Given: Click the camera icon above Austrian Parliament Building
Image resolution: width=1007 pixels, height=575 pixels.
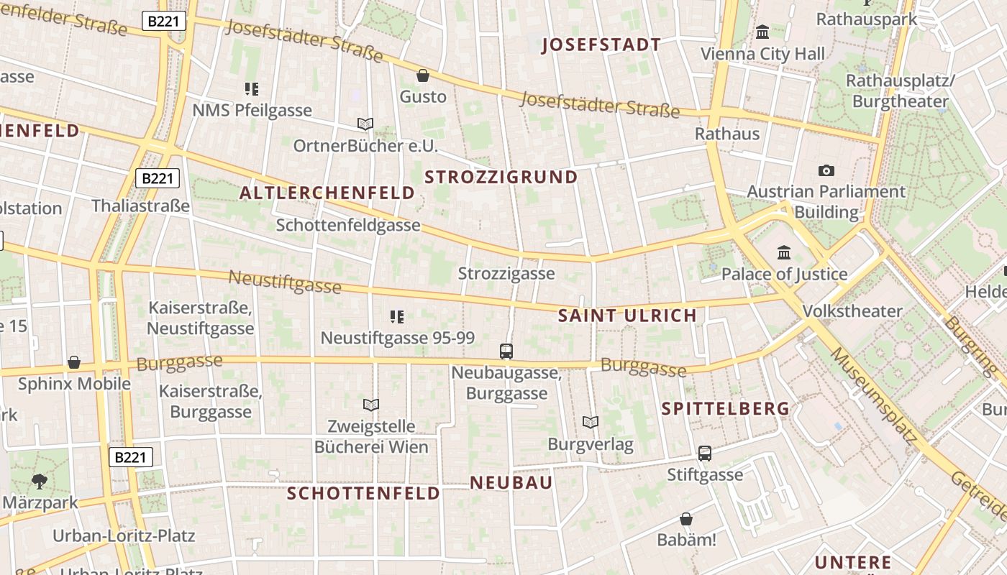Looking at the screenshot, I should [x=826, y=170].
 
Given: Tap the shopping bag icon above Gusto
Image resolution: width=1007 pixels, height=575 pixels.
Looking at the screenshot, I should [x=423, y=75].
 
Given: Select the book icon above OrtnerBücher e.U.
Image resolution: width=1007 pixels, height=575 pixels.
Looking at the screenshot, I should [x=365, y=124].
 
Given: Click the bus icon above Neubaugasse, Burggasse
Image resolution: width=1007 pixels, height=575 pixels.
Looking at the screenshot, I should [x=506, y=351].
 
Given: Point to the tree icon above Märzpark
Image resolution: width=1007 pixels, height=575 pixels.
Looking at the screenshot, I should [x=40, y=481].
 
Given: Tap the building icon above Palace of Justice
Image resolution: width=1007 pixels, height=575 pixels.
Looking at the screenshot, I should [x=784, y=252].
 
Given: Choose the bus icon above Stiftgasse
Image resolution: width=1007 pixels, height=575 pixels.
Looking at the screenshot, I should [x=705, y=454].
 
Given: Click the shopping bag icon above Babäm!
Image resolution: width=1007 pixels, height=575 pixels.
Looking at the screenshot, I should [x=686, y=519].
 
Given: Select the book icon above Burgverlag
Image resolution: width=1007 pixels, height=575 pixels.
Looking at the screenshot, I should [x=591, y=422].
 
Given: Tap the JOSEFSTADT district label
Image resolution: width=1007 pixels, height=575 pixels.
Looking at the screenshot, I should [x=601, y=45].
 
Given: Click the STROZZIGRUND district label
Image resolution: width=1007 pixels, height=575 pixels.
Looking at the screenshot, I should [x=501, y=177].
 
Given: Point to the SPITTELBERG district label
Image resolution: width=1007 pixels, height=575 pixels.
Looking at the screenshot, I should [x=725, y=408].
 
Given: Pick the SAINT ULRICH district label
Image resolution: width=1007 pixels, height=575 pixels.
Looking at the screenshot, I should [x=627, y=316].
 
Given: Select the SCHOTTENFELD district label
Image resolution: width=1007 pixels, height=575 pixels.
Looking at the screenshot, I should [x=363, y=493].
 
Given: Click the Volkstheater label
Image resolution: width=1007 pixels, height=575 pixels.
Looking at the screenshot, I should [x=852, y=311].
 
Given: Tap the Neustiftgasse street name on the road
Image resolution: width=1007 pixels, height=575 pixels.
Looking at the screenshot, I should [x=285, y=282].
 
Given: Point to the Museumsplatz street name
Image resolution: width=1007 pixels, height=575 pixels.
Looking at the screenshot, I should [x=873, y=396].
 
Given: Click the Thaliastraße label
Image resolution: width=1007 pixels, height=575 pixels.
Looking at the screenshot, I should [x=140, y=206].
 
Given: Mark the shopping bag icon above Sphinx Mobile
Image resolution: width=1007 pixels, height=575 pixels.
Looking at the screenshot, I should [x=74, y=362].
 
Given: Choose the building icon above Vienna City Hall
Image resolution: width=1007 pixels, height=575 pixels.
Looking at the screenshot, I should [x=762, y=32].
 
